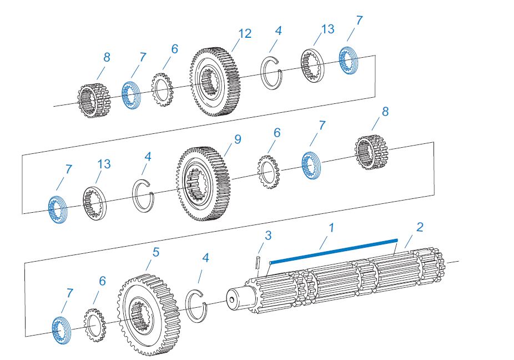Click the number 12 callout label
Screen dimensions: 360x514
coord(245,34)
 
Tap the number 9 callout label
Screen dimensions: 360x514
coord(237,139)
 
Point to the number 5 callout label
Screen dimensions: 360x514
coord(156,252)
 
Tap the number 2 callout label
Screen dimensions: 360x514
coord(420,227)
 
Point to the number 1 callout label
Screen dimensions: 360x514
coord(331,227)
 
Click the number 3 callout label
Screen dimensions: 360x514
coord(268,236)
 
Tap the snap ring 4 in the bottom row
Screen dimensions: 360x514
coord(196,306)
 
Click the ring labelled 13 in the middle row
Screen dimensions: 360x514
coord(95,202)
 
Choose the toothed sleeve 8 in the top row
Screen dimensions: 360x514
coord(92,100)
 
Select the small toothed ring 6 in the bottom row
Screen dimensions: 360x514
coord(94,325)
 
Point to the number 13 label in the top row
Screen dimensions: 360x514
coord(327,29)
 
